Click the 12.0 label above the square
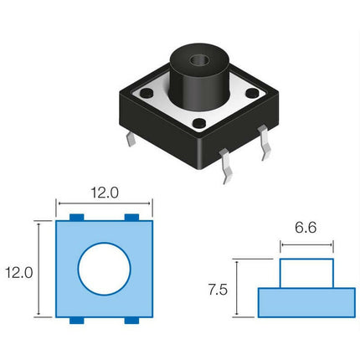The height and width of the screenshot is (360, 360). (x=105, y=193)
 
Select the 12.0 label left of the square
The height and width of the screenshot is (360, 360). (x=19, y=273)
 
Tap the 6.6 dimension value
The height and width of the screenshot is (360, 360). (x=306, y=228)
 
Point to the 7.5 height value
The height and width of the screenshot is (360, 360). (x=218, y=290)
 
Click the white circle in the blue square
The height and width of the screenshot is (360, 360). (x=105, y=269)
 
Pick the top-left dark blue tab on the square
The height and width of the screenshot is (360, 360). (x=77, y=218)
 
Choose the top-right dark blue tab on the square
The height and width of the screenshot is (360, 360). (x=131, y=218)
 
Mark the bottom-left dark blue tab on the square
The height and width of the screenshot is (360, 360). (x=77, y=321)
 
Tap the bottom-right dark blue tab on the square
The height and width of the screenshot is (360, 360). (x=131, y=321)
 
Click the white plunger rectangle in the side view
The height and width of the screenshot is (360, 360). (x=306, y=273)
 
